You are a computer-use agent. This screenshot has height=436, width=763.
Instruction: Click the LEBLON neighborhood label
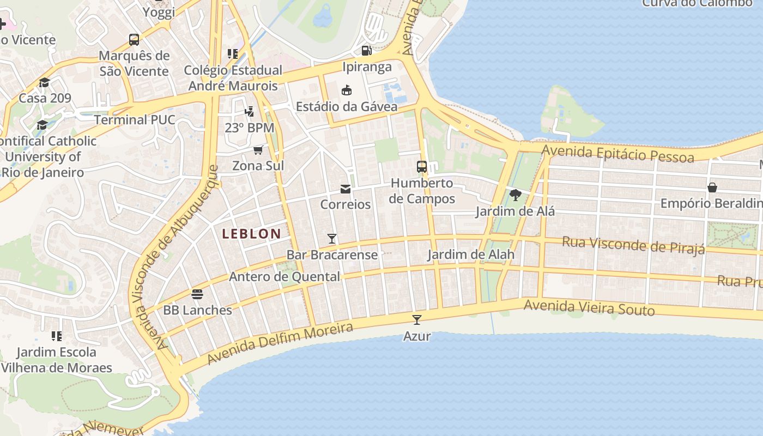pos(252,234)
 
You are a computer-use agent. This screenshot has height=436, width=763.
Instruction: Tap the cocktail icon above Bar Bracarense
pos(331,238)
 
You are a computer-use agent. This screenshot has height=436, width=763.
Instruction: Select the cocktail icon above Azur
pos(417,320)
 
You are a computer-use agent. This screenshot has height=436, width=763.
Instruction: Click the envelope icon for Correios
pos(346,189)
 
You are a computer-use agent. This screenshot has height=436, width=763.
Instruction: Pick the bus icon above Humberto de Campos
pos(422,167)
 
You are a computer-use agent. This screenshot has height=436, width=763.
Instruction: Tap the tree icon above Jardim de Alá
pos(515,195)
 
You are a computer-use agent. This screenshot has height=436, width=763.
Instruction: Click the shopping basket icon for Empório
pos(712,187)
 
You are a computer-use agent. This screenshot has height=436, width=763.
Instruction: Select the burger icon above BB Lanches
pos(197,294)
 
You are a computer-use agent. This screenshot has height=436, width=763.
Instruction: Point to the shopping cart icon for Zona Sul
pos(258,150)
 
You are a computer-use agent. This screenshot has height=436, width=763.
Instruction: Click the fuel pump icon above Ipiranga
pos(367,51)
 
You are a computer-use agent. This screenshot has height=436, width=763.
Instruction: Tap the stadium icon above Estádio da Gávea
pos(347,90)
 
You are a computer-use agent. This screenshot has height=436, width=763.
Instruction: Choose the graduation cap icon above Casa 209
pos(44,82)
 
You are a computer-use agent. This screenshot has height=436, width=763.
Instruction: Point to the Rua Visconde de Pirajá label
pos(633,245)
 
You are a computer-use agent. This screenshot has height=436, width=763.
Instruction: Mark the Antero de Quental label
pos(284,277)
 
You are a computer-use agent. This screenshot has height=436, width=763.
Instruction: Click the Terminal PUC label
pos(135,120)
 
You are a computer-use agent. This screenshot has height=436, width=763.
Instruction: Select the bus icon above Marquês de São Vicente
pos(134,40)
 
